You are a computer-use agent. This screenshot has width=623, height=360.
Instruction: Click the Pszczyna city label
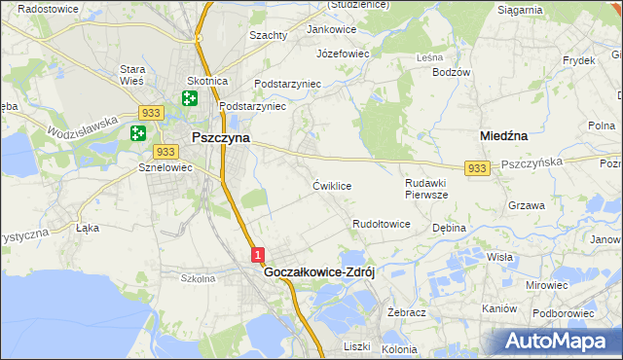point(220,138)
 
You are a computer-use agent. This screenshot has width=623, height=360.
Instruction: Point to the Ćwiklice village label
point(332,185)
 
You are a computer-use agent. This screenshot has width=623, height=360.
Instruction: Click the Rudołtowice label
point(382,224)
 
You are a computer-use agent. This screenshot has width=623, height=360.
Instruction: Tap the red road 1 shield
point(257,255)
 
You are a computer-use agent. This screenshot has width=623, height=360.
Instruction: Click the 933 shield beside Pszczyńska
point(476,168)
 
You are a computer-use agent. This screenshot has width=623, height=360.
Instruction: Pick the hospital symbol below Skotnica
point(188,98)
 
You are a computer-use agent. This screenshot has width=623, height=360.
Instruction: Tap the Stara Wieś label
point(131,75)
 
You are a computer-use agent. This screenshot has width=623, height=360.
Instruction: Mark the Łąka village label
point(88,229)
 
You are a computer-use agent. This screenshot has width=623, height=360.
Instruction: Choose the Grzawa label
point(526,205)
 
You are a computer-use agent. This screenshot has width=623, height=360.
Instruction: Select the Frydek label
point(578,59)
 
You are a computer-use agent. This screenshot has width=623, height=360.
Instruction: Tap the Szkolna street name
point(198,277)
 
